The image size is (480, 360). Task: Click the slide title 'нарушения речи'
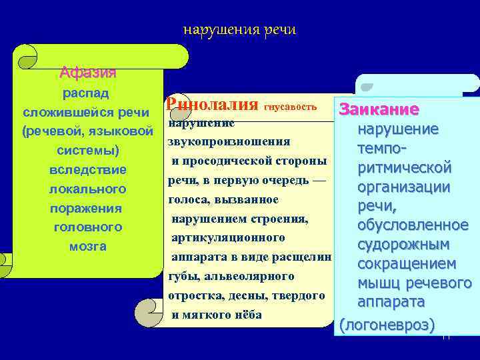(239, 30)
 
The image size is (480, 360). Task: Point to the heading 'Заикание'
(379, 109)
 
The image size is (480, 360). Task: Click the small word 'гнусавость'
(291, 107)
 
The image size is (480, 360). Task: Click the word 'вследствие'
(87, 169)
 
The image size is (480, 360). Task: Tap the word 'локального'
(87, 189)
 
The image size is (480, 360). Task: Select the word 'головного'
(87, 227)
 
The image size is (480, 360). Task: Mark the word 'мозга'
(87, 246)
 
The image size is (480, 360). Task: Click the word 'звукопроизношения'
(229, 141)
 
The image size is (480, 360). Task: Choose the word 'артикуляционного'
(229, 238)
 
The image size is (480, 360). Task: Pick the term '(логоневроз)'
(387, 325)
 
